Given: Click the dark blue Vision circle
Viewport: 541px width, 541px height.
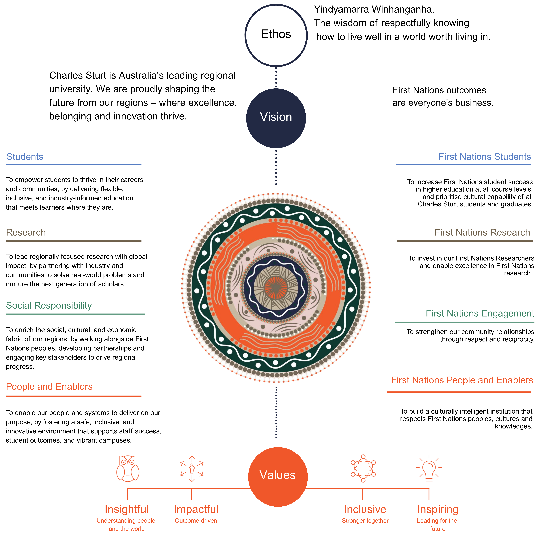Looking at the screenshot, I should [x=276, y=118].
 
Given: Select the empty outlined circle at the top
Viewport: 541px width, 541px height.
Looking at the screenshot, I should [x=276, y=36].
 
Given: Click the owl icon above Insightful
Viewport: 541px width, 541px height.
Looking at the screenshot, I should [x=128, y=469].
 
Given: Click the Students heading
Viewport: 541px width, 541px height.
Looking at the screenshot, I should [x=25, y=157].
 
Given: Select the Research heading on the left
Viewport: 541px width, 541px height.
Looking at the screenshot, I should [x=26, y=232].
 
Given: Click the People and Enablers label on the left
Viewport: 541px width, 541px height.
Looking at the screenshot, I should [x=49, y=386].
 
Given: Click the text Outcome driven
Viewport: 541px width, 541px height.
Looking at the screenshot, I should [x=196, y=521].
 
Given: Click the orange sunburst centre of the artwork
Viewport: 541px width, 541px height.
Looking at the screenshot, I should [x=276, y=288].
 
